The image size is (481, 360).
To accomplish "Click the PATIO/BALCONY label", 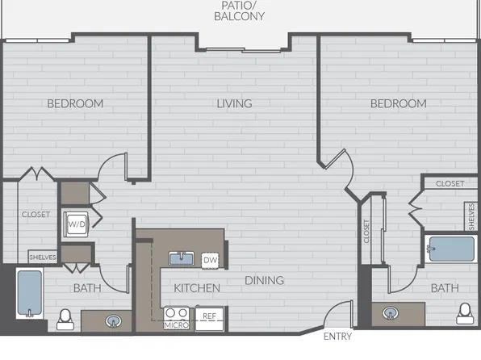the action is pos(239,11).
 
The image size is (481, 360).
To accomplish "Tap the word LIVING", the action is pos(234,103).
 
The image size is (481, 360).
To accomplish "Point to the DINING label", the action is pos(265,280).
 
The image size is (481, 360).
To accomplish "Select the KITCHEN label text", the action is pos(197,288).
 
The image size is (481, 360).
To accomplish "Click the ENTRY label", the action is pos(337,337).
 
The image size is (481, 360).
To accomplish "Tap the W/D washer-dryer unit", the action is pos(76,224).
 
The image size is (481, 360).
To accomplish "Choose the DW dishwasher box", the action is pos(210,260).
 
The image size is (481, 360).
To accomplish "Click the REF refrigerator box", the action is pos(210,318).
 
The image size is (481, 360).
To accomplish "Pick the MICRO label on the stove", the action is pos(177,325).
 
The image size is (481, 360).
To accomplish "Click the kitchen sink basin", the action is pos(182,258).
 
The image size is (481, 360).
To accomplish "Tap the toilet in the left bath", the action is pos(65,320).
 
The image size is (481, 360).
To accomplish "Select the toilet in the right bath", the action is pos(465,313).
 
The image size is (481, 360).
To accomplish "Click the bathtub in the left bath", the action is pos(29,293).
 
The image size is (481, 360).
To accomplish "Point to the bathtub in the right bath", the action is pos(451,249).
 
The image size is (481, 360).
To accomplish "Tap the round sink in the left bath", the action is pos(114,321).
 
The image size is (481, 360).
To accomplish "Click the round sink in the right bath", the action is pos(391,313).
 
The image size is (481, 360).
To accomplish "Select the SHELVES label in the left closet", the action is pos(43,257).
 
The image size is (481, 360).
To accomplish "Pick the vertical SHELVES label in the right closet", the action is pos(471,216).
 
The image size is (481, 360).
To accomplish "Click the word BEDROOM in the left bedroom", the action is pos(75,104).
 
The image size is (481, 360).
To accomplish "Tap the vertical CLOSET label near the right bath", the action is pos(366,231).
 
